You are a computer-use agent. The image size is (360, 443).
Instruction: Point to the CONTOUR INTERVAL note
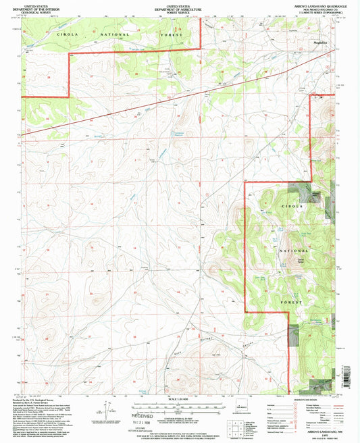tap(179, 418)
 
